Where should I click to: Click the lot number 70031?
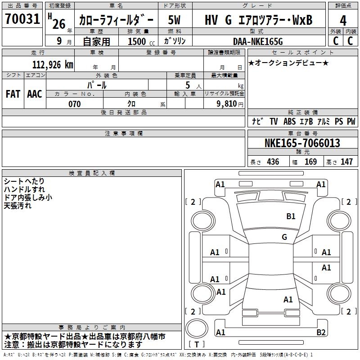pyautogui.click(x=22, y=18)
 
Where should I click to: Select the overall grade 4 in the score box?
pyautogui.click(x=343, y=21)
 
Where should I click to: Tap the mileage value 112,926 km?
pyautogui.click(x=53, y=65)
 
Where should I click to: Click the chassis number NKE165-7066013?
pyautogui.click(x=302, y=143)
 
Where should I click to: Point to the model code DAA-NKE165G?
pyautogui.click(x=258, y=41)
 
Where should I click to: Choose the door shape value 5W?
pyautogui.click(x=174, y=20)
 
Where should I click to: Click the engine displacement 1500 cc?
pyautogui.click(x=141, y=41)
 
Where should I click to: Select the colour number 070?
pyautogui.click(x=74, y=104)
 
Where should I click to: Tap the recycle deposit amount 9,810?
pyautogui.click(x=227, y=103)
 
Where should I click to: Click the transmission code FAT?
pyautogui.click(x=13, y=94)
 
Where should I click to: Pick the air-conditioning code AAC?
pyautogui.click(x=35, y=94)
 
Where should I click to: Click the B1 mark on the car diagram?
pyautogui.click(x=291, y=216)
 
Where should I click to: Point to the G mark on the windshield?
pyautogui.click(x=284, y=237)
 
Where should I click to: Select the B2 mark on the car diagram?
pyautogui.click(x=321, y=332)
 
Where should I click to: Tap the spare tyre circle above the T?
pyautogui.click(x=197, y=328)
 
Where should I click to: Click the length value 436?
pyautogui.click(x=273, y=162)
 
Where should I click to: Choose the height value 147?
pyautogui.click(x=346, y=162)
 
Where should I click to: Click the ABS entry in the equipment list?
pyautogui.click(x=289, y=121)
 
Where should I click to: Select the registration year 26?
pyautogui.click(x=59, y=24)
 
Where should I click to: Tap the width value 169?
pyautogui.click(x=310, y=162)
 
